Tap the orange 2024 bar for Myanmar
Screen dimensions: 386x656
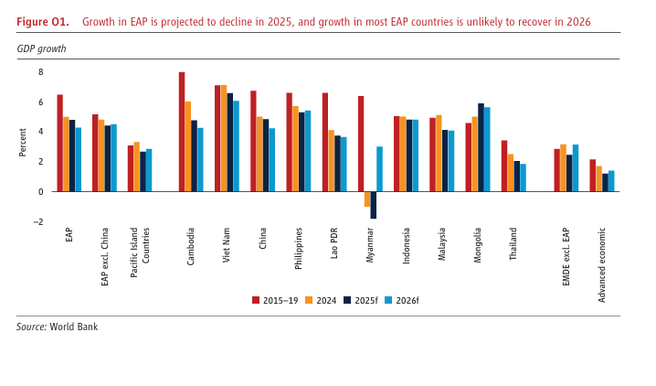coord(367,198)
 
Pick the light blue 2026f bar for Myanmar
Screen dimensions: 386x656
coord(379,169)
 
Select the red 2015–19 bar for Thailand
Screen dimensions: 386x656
coord(504,166)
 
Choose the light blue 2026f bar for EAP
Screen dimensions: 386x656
coord(79,159)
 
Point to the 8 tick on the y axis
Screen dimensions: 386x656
coord(40,72)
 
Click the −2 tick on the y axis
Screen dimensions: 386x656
coord(38,222)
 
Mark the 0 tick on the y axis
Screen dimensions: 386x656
coord(40,192)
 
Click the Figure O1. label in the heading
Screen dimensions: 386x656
coord(43,21)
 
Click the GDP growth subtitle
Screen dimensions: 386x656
coord(41,48)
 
